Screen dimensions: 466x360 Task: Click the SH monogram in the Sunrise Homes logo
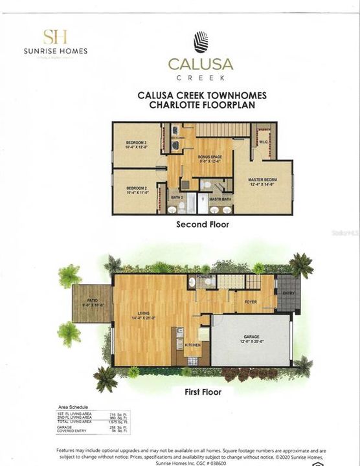54,37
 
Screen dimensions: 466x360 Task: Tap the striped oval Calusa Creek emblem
201,42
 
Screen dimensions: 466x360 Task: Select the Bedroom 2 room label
134,188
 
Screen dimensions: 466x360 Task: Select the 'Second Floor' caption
203,225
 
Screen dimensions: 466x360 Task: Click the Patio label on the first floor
87,299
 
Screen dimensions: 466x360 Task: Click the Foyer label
251,302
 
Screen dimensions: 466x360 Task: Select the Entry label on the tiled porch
287,293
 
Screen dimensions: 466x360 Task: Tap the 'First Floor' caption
203,392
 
